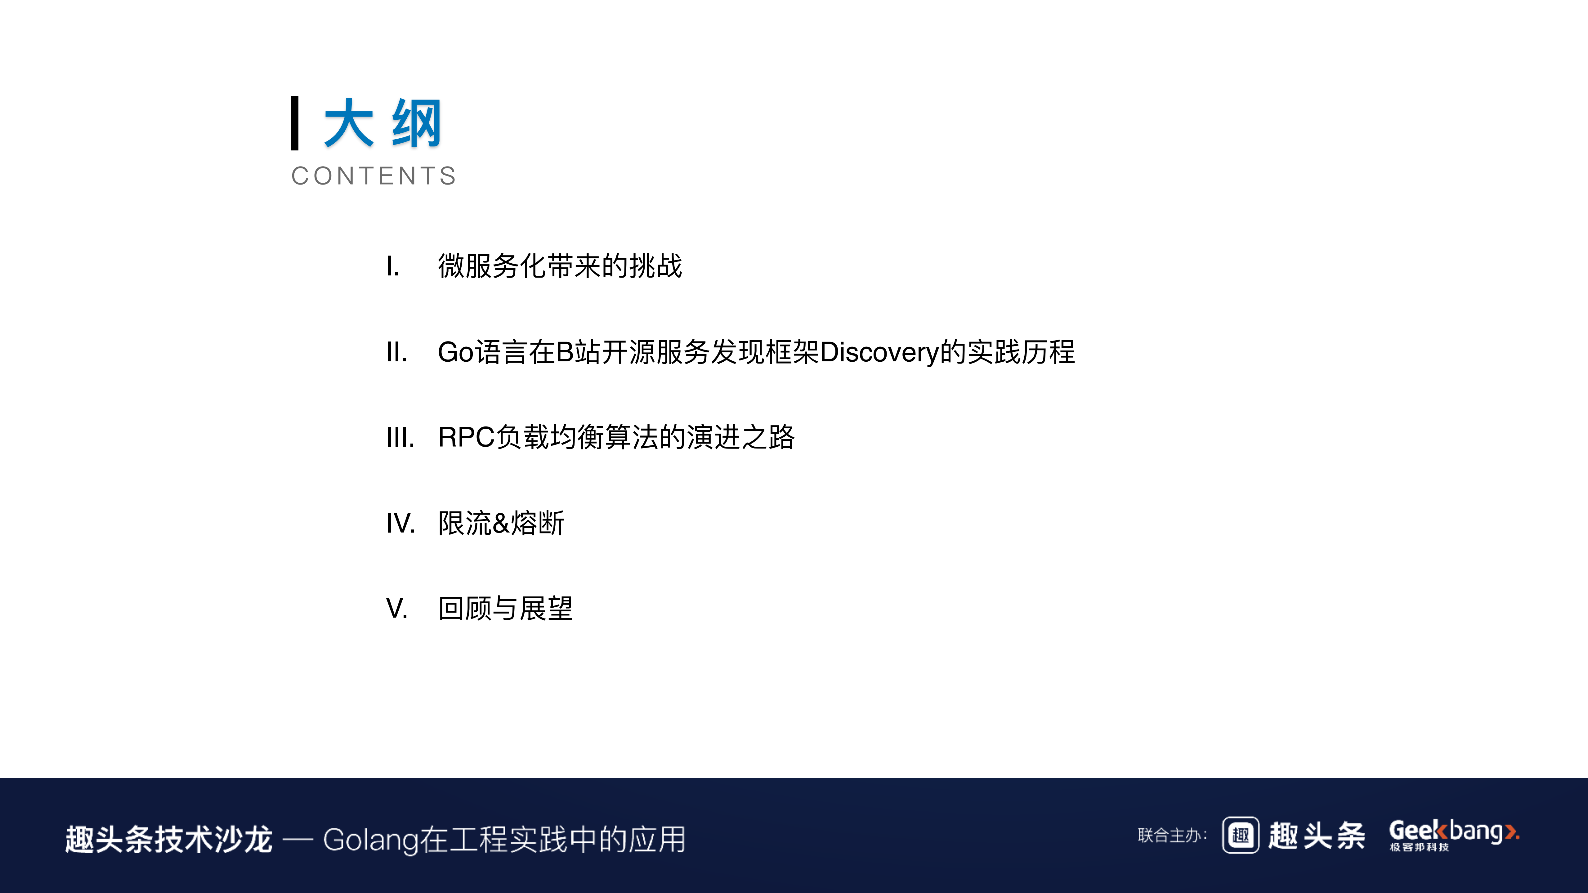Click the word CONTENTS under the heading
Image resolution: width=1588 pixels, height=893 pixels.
pos(374,176)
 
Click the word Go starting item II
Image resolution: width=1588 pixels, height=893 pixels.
pos(456,352)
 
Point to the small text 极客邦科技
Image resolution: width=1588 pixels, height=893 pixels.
pos(1419,847)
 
